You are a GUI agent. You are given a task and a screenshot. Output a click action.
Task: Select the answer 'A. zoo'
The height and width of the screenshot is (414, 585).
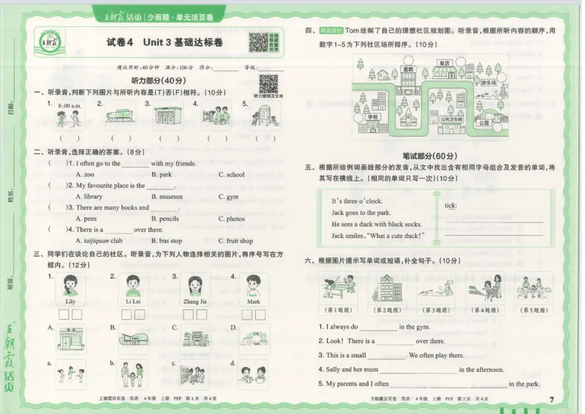[x=85, y=175]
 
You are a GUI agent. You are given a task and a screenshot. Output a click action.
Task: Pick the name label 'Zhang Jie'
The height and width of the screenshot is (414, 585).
[x=195, y=301]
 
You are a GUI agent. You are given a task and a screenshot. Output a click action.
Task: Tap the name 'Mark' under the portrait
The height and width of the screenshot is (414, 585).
[x=254, y=301]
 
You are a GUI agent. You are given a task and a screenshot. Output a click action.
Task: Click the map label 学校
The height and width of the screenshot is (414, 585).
[x=373, y=117]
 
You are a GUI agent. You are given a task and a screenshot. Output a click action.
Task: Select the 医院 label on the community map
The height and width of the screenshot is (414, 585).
[x=408, y=69]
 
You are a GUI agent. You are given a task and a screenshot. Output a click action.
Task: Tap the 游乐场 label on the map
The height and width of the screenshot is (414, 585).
[x=489, y=83]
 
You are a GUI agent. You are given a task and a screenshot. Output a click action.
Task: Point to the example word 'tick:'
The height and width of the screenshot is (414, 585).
[x=450, y=206]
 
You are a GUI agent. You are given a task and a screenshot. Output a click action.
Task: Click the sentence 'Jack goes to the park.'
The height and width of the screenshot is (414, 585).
[x=361, y=213]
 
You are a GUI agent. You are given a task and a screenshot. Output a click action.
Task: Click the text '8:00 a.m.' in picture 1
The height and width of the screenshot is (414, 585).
[x=70, y=106]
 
